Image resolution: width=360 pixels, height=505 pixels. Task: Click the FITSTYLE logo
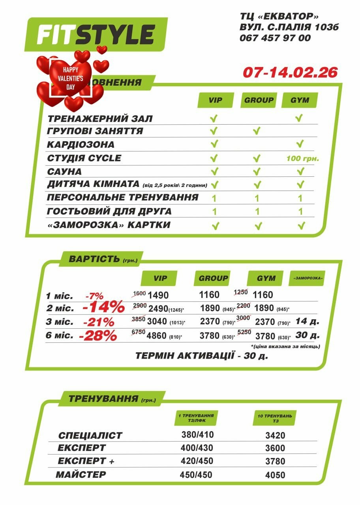[x=96, y=35]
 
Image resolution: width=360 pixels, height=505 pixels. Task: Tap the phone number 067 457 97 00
[x=275, y=38]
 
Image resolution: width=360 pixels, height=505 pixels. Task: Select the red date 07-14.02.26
[x=290, y=72]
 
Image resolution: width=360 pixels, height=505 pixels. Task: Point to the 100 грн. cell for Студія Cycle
[x=303, y=159]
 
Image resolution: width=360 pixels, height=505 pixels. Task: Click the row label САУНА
[x=64, y=172]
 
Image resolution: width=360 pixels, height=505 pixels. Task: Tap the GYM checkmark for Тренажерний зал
[x=299, y=118]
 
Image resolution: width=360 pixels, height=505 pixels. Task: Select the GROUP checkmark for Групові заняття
[x=257, y=131]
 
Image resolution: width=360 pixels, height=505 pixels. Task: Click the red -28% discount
[x=98, y=336]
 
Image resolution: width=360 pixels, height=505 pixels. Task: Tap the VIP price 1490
[x=159, y=295]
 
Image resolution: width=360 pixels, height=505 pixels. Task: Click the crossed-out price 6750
[x=138, y=332]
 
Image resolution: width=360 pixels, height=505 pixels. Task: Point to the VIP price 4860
[x=157, y=337]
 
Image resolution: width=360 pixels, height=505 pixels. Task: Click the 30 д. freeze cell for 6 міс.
[x=307, y=335]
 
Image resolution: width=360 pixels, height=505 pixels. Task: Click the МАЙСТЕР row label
[x=81, y=475]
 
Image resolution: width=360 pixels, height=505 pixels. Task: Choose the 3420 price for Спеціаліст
[x=275, y=436]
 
